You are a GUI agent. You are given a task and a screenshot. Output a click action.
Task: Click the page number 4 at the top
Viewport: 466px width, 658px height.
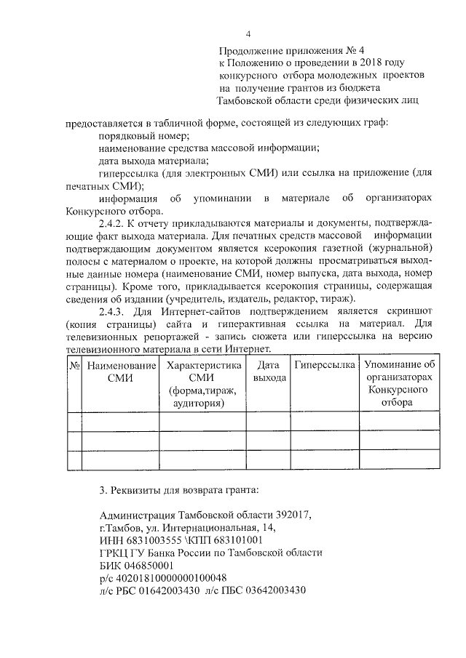click(248, 34)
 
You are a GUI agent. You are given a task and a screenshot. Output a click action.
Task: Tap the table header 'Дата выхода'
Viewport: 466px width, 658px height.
click(269, 371)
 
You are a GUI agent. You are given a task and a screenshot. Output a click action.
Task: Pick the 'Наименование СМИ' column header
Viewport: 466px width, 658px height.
click(120, 371)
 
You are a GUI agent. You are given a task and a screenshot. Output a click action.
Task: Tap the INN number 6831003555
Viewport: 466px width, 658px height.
click(143, 540)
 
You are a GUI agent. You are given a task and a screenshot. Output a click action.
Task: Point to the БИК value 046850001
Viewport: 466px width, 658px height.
click(148, 565)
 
